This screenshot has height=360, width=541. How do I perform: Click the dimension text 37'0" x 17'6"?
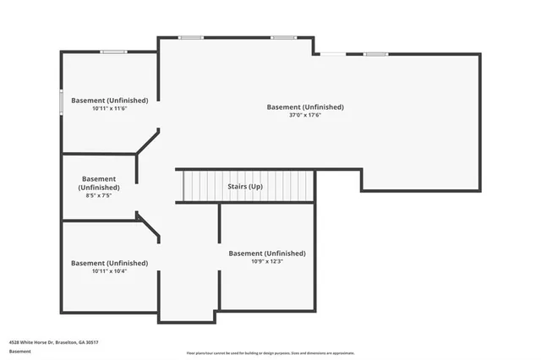[305, 115]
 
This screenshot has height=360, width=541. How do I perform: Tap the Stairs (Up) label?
[245, 186]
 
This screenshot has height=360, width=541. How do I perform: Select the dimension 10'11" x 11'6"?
[109, 108]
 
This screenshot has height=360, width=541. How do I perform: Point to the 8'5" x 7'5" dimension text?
[99, 195]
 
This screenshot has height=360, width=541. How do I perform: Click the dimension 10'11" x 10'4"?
[109, 270]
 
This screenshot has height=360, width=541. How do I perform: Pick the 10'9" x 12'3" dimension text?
[267, 261]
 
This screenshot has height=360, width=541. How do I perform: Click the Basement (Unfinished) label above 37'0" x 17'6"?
[305, 106]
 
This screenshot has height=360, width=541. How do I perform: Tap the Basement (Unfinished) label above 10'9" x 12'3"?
[267, 253]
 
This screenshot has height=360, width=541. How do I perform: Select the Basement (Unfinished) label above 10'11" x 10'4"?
[109, 262]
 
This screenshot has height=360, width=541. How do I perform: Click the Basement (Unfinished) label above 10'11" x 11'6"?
[109, 100]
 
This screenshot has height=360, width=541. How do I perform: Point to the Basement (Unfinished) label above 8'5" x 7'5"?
[99, 183]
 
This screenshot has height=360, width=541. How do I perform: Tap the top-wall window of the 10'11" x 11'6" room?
[112, 52]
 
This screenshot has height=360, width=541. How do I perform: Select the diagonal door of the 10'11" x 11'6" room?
[147, 141]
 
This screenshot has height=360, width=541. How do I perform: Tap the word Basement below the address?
[19, 351]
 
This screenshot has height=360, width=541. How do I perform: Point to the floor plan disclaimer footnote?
[270, 352]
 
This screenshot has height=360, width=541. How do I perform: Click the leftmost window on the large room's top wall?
[191, 37]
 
